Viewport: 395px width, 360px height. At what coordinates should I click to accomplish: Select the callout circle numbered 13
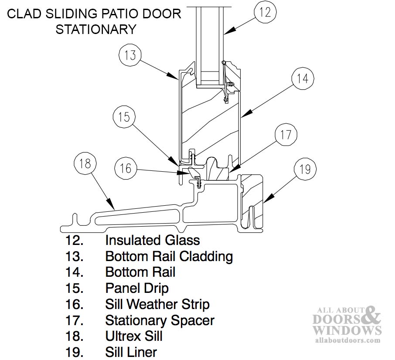pos(130,56)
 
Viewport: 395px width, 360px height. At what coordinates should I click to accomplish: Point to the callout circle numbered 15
pos(124,117)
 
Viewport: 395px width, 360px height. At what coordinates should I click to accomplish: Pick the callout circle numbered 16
pos(126,168)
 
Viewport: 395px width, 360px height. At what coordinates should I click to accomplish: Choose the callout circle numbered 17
pos(286,135)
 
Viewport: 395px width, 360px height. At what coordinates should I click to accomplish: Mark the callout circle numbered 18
pos(85,163)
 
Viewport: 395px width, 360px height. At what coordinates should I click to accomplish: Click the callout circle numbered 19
pos(305,169)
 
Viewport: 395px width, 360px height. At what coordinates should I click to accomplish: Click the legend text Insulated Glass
pos(152,240)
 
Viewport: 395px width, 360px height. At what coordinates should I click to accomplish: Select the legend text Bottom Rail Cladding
pos(169,256)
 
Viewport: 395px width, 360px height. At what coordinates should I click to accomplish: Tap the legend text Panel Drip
pos(137,288)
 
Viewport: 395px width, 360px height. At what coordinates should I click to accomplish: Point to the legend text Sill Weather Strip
pos(157,304)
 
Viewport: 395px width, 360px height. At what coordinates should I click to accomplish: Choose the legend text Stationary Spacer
pos(160,320)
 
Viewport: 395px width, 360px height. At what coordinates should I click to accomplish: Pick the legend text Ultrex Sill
pos(134,336)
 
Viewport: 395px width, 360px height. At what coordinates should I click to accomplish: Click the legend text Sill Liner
pos(131,352)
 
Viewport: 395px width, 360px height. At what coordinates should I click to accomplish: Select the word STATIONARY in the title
pos(96,29)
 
